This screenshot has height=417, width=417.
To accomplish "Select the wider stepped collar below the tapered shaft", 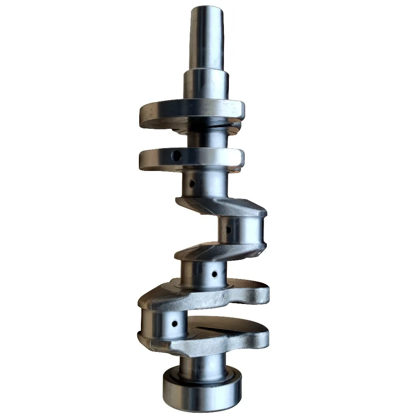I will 206,85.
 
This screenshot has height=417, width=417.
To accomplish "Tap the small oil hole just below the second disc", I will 192,183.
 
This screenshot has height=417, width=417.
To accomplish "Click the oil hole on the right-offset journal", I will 228,229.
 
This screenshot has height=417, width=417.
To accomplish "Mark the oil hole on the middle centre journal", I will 214,274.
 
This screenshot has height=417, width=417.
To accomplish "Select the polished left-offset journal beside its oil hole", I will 156,323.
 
